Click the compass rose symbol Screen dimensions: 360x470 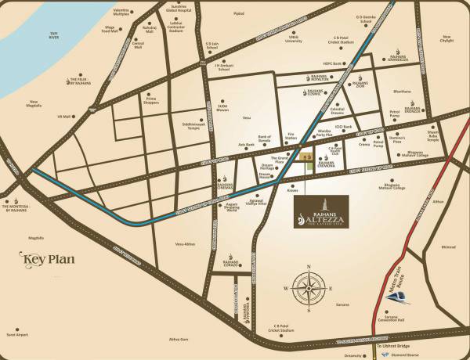click(305, 286)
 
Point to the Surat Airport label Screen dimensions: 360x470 click(18, 334)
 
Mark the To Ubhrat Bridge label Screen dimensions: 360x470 click(392, 345)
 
